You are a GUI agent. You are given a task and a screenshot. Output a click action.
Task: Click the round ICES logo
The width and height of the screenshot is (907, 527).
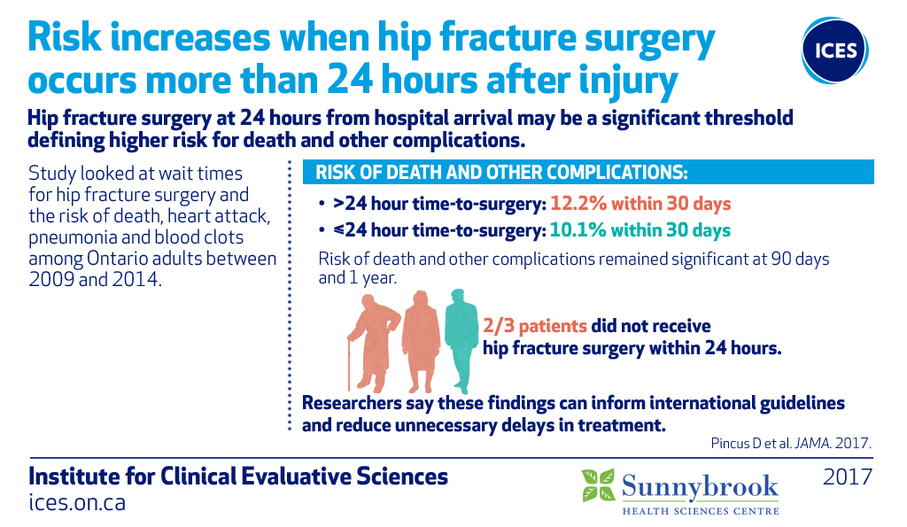click(834, 50)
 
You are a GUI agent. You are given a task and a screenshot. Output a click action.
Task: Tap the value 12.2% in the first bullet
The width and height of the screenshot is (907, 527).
click(578, 204)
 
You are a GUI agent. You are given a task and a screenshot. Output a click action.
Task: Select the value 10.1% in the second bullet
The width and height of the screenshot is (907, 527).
click(578, 230)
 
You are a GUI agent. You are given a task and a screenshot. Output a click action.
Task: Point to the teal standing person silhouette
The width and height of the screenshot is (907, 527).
click(461, 341)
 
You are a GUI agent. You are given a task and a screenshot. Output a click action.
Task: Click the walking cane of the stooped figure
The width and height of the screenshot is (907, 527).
click(349, 364)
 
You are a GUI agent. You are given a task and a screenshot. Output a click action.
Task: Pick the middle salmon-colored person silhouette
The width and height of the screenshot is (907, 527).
click(421, 341)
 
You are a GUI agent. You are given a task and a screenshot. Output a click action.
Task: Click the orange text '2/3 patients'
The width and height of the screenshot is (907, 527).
click(535, 326)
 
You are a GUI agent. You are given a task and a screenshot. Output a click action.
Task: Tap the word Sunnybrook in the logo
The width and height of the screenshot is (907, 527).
click(700, 487)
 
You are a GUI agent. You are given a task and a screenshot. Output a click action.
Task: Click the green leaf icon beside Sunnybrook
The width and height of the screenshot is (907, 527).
click(598, 484)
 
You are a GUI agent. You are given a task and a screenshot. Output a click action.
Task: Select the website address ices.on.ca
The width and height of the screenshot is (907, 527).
click(77, 502)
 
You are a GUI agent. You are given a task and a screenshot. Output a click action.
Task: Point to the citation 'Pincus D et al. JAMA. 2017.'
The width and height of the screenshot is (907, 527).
click(791, 443)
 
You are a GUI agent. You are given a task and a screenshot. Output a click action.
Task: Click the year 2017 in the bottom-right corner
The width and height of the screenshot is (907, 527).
click(848, 477)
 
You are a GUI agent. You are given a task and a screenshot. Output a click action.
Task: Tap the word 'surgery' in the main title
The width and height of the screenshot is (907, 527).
click(650, 39)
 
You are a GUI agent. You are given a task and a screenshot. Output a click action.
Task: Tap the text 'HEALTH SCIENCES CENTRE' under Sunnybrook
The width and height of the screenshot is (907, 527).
click(701, 511)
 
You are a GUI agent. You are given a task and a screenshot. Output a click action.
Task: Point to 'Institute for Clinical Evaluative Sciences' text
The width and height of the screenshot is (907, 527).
click(238, 477)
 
